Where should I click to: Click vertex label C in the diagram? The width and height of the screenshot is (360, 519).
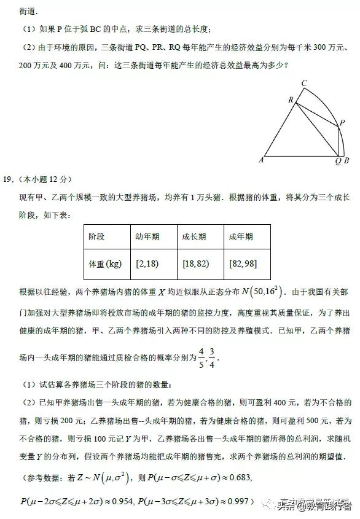[x=304, y=83]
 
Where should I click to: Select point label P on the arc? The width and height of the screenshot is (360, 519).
[x=342, y=123]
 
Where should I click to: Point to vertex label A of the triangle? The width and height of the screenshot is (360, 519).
[x=262, y=160]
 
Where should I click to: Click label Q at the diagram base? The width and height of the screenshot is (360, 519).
[x=338, y=162]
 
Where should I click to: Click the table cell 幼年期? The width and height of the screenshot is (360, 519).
[x=147, y=237]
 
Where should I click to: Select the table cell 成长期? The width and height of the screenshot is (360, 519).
[x=194, y=237]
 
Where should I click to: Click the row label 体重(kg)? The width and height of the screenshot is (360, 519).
[x=105, y=264]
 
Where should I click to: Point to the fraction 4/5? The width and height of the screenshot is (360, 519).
[x=200, y=356]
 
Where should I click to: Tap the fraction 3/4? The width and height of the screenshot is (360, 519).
[x=213, y=356]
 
